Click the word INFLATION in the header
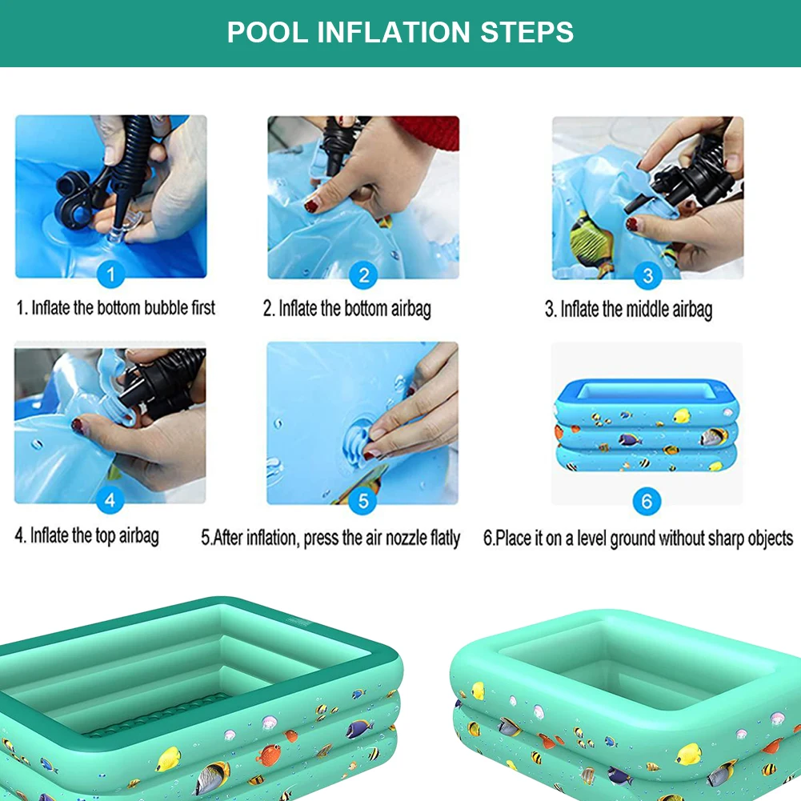pyautogui.click(x=395, y=33)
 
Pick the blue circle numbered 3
pyautogui.click(x=647, y=276)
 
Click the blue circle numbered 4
pyautogui.click(x=110, y=502)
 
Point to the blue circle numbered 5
pyautogui.click(x=363, y=502)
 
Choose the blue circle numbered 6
pyautogui.click(x=647, y=502)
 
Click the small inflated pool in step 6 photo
pyautogui.click(x=647, y=425)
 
